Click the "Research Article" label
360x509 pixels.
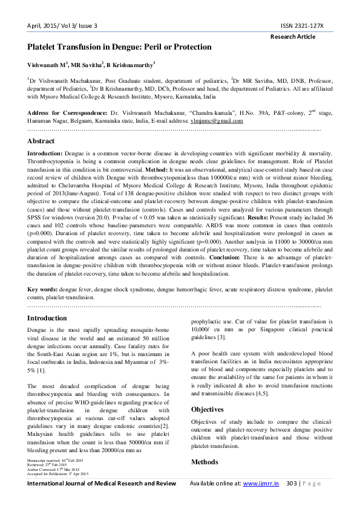pos(293,36)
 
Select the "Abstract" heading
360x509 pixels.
pos(41,140)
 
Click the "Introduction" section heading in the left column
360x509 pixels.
pos(48,318)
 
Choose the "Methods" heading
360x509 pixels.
pos(205,462)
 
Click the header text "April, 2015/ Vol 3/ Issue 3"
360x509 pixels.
pos(63,25)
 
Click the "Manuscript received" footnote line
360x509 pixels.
pos(56,461)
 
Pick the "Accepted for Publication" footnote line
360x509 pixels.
pos(58,473)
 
